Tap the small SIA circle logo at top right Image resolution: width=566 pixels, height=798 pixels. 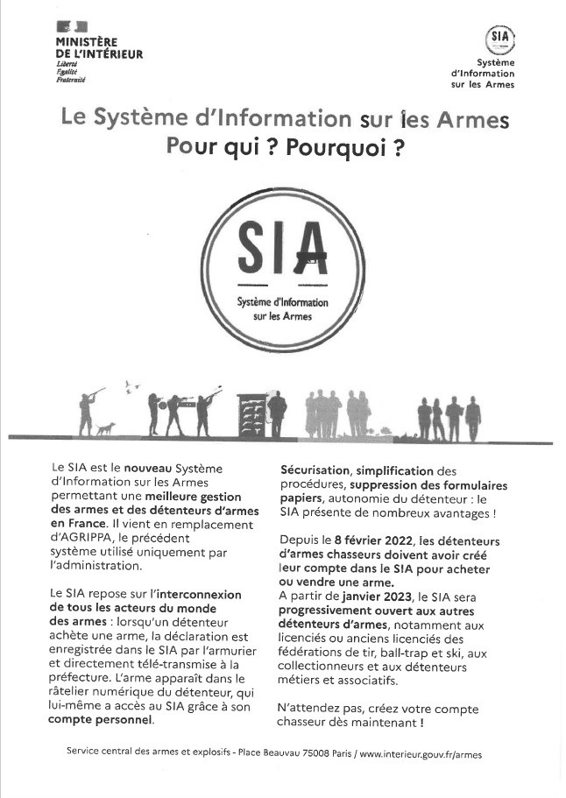tap(500, 38)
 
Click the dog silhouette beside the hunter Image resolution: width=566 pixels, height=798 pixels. tap(106, 428)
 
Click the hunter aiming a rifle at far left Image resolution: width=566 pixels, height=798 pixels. tap(87, 412)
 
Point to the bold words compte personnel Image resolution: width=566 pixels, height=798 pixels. tap(101, 720)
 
